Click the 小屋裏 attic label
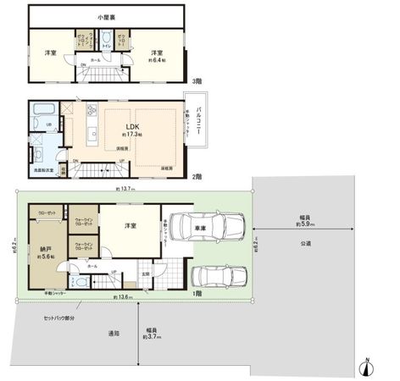106,16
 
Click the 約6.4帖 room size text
157,60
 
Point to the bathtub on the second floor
43,110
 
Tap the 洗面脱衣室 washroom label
44,170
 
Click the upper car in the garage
208,226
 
